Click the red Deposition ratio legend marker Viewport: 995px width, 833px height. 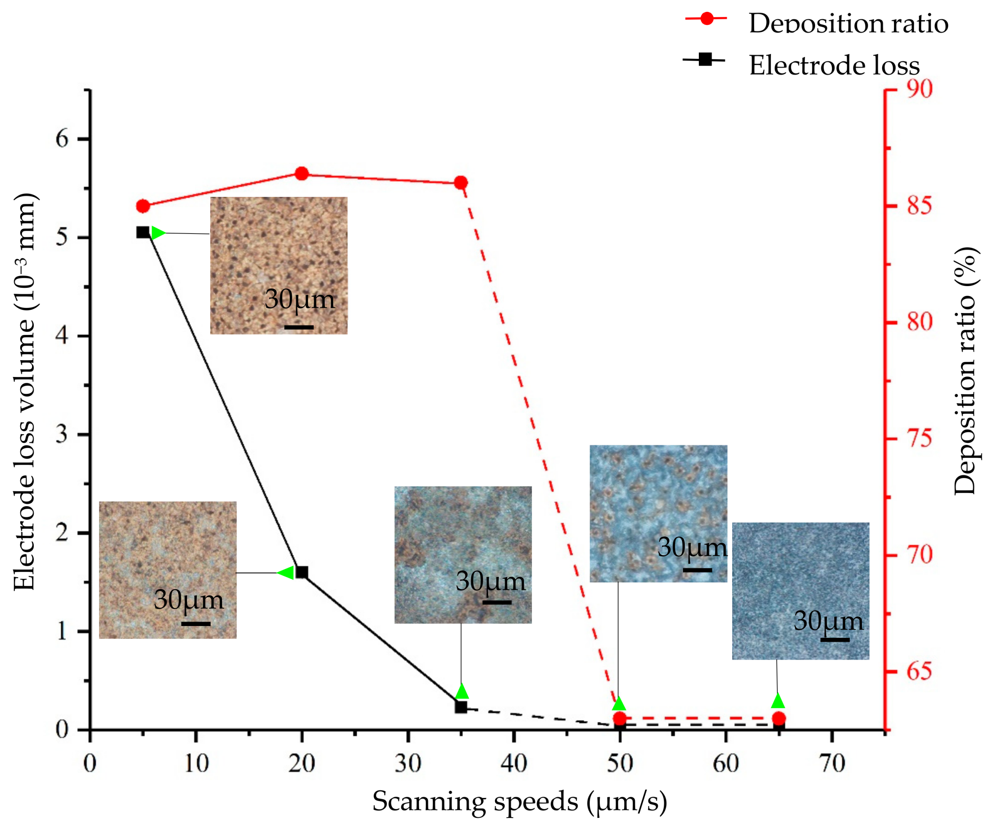706,19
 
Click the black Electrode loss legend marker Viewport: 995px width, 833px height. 705,60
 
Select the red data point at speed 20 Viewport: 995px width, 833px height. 302,174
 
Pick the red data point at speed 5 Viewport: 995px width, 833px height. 143,206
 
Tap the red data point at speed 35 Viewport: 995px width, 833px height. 460,183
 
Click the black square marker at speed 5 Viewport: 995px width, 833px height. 143,232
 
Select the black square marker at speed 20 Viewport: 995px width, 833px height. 302,573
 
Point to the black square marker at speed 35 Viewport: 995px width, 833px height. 460,708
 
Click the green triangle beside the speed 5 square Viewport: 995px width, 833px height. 158,233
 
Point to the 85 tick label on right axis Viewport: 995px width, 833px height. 920,206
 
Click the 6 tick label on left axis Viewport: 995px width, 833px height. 62,139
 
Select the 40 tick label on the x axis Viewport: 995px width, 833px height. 514,764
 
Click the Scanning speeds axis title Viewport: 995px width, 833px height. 519,801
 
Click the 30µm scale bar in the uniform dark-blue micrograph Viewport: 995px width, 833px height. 835,640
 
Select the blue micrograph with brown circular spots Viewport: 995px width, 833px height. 658,514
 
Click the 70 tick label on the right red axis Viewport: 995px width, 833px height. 920,554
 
